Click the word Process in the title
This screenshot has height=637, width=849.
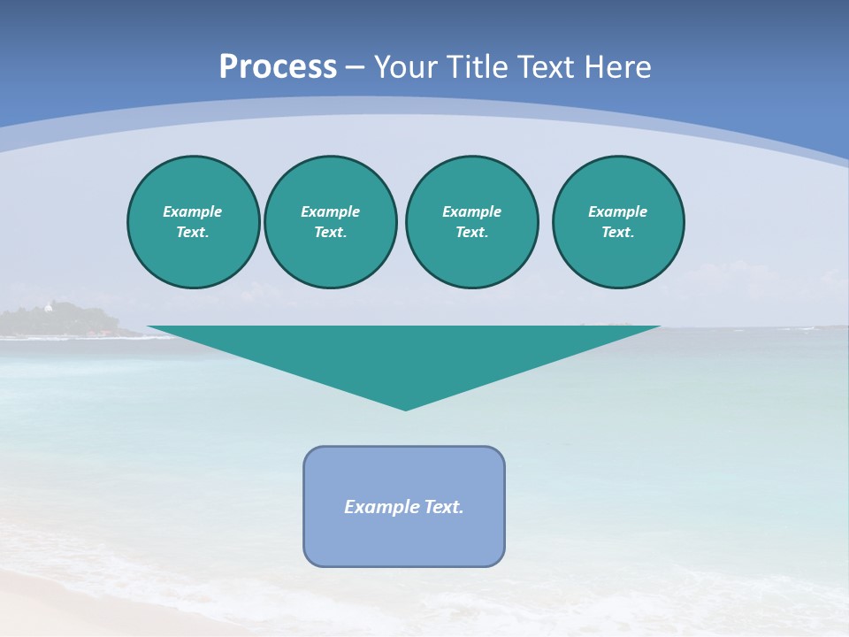tap(278, 67)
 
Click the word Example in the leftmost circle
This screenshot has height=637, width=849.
tap(193, 211)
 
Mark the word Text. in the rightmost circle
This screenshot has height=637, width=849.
tap(617, 232)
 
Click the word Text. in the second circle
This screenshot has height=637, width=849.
tap(330, 232)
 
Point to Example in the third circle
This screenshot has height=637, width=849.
tap(471, 211)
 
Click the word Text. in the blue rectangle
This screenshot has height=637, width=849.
tap(444, 507)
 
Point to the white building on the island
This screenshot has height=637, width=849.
tap(49, 307)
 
